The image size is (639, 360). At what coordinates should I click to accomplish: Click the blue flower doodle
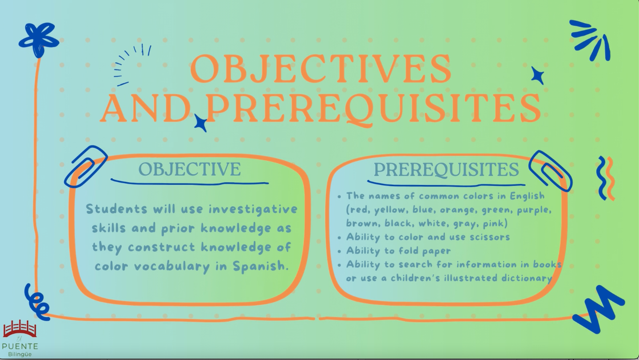39,40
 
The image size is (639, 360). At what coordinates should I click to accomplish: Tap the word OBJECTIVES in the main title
321,69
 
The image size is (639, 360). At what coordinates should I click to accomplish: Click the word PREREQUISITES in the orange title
373,109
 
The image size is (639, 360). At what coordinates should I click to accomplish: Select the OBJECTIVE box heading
190,169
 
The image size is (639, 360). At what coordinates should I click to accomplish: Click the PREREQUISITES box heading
446,169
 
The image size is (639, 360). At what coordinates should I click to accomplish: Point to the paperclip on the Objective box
86,167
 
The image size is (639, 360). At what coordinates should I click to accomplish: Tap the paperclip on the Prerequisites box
550,171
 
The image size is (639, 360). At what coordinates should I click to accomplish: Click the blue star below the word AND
201,123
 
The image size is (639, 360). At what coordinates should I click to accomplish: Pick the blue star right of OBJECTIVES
538,76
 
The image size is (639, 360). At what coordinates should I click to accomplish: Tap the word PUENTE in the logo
20,347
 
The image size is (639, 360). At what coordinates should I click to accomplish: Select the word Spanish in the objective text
259,266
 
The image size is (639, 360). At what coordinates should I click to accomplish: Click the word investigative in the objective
253,209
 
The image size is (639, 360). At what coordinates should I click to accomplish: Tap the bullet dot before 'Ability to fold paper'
339,251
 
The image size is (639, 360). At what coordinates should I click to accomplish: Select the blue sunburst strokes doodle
589,40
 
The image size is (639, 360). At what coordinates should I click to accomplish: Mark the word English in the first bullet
527,196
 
